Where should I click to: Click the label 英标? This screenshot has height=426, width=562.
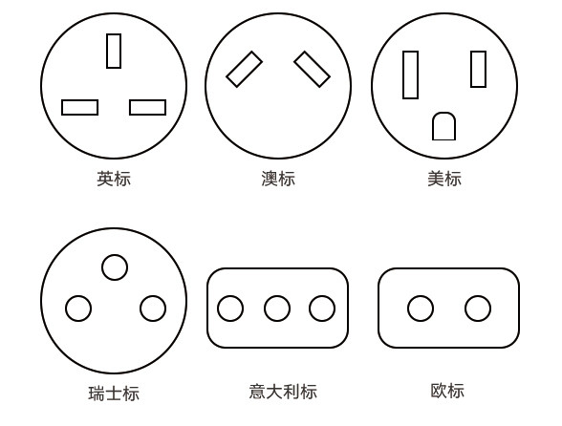pyautogui.click(x=114, y=179)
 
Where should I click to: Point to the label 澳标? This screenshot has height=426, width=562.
pyautogui.click(x=278, y=179)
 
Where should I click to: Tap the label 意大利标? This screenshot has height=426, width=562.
pyautogui.click(x=283, y=392)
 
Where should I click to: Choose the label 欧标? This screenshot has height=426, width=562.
pyautogui.click(x=447, y=391)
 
